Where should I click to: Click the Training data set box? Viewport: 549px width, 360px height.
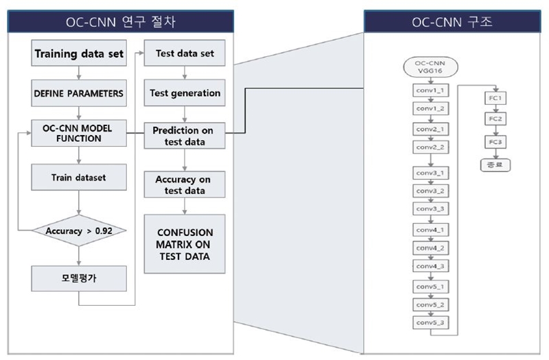coord(79,53)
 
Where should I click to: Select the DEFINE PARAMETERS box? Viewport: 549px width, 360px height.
coord(79,93)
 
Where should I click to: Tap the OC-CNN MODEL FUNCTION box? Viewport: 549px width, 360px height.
coord(79,133)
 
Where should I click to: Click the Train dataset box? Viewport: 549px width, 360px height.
coord(79,176)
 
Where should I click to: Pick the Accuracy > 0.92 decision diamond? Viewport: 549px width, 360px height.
coord(79,230)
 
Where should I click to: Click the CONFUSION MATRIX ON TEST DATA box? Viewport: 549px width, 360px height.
coord(183,243)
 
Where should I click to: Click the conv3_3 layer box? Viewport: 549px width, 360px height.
coord(431,207)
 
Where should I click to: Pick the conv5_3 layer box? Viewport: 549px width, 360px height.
coord(431,321)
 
